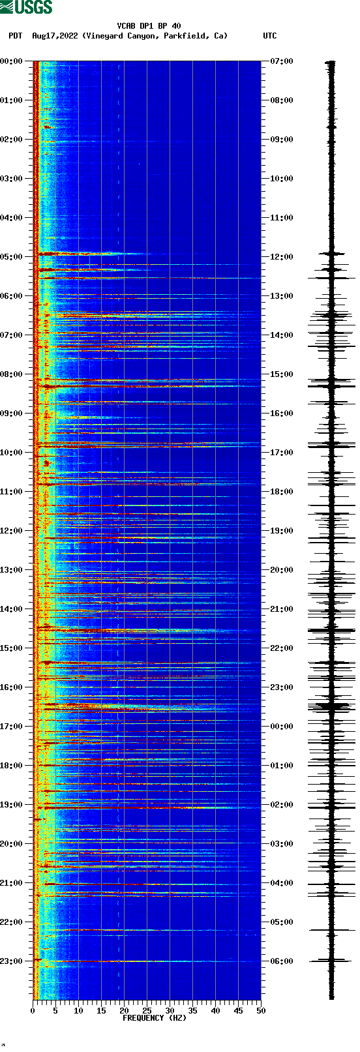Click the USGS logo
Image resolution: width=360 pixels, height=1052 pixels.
tap(26, 7)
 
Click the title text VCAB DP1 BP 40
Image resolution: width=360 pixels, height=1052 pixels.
tap(149, 26)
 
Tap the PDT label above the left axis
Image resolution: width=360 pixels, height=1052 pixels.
tap(15, 36)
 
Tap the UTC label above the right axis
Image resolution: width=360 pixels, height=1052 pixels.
tap(269, 36)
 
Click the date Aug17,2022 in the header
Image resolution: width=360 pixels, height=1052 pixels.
tap(55, 36)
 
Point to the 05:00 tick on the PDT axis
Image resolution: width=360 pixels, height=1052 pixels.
tap(12, 257)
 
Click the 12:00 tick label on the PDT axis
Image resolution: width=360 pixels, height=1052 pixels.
tap(12, 531)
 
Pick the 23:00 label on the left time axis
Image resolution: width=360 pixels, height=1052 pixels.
tap(12, 961)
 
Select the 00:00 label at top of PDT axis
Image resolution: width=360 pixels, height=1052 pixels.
tap(12, 61)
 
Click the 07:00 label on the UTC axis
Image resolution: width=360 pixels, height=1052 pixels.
tap(282, 61)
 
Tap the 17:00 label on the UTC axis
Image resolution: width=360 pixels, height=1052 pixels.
tap(282, 453)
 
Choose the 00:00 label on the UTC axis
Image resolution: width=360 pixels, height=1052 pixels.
tap(282, 727)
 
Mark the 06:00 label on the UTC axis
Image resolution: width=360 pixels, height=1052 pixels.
tap(282, 961)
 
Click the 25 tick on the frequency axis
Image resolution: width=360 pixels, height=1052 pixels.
tap(147, 1011)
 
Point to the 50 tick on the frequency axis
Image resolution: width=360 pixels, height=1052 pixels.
tap(261, 1011)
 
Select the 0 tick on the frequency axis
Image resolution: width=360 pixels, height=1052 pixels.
tap(33, 1011)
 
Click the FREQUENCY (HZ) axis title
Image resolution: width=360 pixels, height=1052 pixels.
tap(155, 1018)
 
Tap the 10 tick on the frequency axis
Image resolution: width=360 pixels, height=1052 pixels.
tap(78, 1011)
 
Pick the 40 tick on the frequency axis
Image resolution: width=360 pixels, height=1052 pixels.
tap(215, 1011)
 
